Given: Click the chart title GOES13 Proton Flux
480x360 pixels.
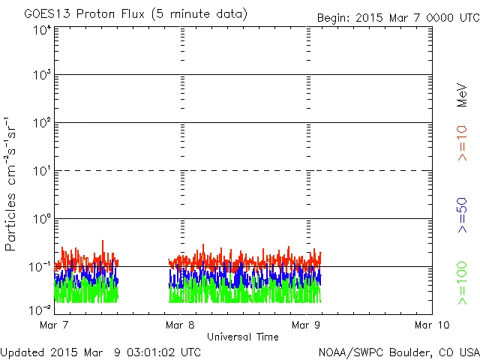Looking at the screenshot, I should [136, 14].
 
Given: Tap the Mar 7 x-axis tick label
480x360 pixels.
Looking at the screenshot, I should [54, 325].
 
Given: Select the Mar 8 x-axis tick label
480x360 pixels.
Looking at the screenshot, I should [180, 325].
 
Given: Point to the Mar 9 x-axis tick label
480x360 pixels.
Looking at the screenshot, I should [306, 325].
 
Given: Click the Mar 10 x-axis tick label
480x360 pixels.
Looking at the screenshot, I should [432, 325].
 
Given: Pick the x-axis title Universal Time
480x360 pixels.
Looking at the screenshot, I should [243, 337].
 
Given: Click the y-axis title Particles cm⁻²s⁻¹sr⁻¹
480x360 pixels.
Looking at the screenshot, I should [12, 184].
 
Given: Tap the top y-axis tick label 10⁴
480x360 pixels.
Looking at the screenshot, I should [41, 30].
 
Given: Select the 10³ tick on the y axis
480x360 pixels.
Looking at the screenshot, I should [41, 76].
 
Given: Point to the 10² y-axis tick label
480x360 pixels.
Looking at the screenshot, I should [41, 124].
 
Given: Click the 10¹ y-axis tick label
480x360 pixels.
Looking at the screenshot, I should [41, 172].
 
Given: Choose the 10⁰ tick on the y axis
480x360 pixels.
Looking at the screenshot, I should [41, 220].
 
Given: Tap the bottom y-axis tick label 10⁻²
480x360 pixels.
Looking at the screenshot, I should [40, 309].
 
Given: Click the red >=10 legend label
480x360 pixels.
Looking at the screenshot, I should [463, 142].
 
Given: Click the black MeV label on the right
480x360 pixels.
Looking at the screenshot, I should [463, 95].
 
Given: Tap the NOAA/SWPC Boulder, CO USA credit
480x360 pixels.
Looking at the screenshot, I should [398, 351].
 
